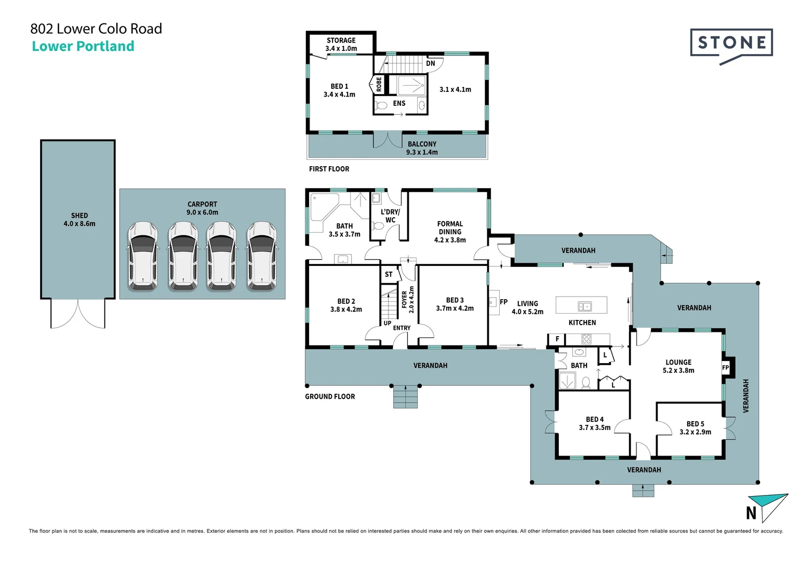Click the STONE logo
tap(731, 45)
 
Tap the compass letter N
tap(751, 513)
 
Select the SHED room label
tap(79, 220)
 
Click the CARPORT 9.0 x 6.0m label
tap(203, 208)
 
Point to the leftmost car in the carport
tap(143, 256)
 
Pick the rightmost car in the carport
tap(261, 256)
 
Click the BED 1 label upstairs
tap(339, 90)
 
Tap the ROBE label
tap(379, 84)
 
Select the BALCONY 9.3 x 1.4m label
tap(422, 148)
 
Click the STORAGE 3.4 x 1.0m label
tap(341, 44)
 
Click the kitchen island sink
tap(585, 306)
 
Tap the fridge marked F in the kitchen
tap(557, 339)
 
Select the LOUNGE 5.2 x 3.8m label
tap(679, 366)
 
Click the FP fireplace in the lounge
tap(726, 368)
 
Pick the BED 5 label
tap(696, 428)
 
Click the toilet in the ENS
tap(381, 105)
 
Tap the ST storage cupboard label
tap(389, 274)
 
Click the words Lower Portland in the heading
tap(83, 46)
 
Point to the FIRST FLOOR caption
tap(329, 169)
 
